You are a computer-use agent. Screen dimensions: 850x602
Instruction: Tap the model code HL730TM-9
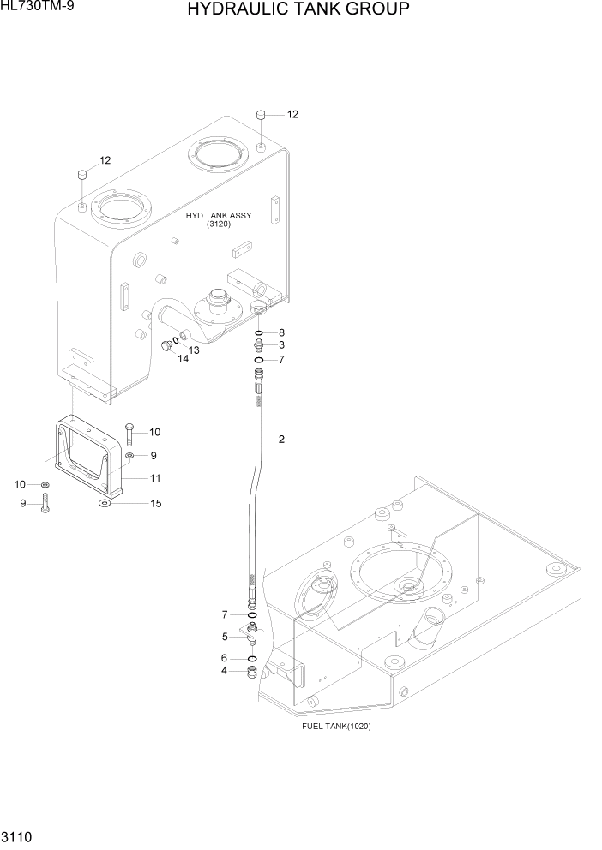tap(37, 9)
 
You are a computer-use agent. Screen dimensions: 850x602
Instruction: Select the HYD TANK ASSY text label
tap(219, 216)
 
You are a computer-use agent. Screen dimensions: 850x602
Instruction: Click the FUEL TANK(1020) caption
tap(336, 726)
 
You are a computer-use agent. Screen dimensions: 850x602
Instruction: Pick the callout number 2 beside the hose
tap(281, 440)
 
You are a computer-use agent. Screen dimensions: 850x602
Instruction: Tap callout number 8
tap(281, 332)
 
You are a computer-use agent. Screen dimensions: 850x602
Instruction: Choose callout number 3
tap(281, 345)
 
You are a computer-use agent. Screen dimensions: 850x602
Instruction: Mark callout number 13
tap(194, 350)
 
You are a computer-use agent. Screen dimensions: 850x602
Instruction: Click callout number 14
tap(183, 359)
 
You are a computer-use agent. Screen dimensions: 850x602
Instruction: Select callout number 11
tap(156, 478)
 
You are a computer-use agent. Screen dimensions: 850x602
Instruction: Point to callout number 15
tap(156, 503)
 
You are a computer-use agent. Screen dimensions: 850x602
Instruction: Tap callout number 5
tap(226, 637)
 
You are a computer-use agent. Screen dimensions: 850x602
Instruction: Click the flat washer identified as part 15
tap(104, 504)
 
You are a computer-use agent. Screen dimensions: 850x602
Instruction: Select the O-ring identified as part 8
tap(258, 332)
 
